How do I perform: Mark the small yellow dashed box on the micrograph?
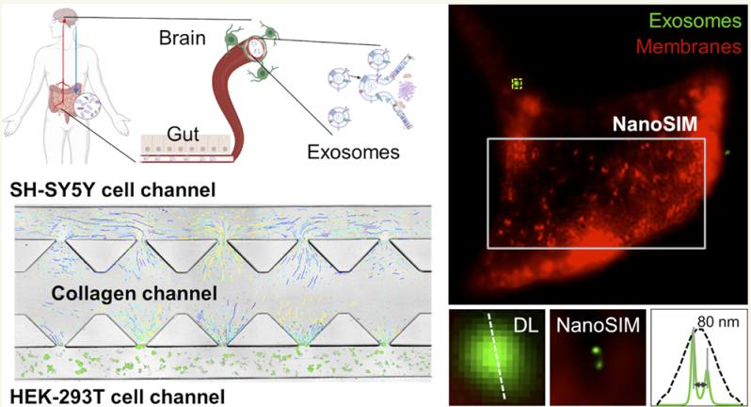(517, 84)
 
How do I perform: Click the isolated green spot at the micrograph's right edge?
(727, 150)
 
